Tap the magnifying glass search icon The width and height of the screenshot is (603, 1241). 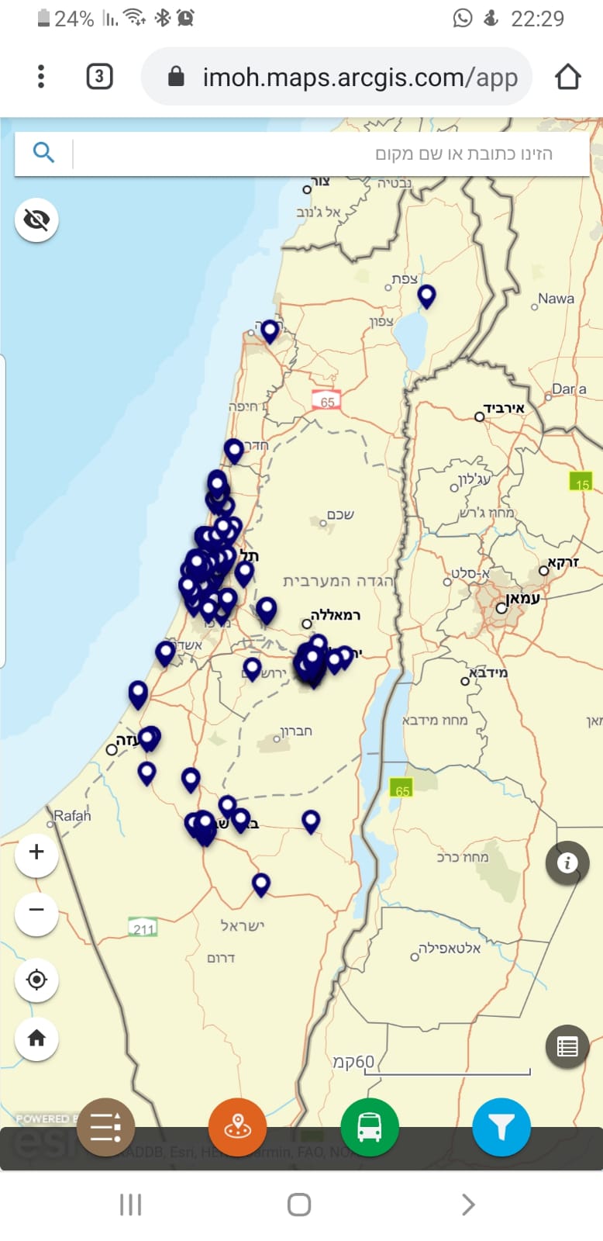point(43,152)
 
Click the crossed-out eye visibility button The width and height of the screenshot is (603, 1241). point(36,220)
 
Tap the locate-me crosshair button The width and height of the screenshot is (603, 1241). point(36,980)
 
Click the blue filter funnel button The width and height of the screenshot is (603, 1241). point(501,1127)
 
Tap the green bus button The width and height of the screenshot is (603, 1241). point(370,1127)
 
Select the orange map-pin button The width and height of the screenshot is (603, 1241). point(237,1127)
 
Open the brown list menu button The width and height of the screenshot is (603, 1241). point(105,1127)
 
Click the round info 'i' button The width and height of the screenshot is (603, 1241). point(567,862)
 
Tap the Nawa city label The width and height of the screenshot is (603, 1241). point(556,299)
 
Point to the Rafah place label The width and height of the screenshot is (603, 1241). point(72,816)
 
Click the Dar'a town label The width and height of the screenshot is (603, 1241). point(569,389)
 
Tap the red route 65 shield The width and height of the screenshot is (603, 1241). point(327,401)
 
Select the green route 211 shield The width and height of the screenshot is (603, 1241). point(143,928)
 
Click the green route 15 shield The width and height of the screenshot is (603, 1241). point(581,483)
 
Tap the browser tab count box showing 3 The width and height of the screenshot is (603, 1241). point(99,77)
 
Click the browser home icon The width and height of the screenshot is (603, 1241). point(567,77)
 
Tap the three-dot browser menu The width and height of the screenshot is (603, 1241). point(41,77)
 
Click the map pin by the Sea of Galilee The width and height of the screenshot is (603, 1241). point(426,296)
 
